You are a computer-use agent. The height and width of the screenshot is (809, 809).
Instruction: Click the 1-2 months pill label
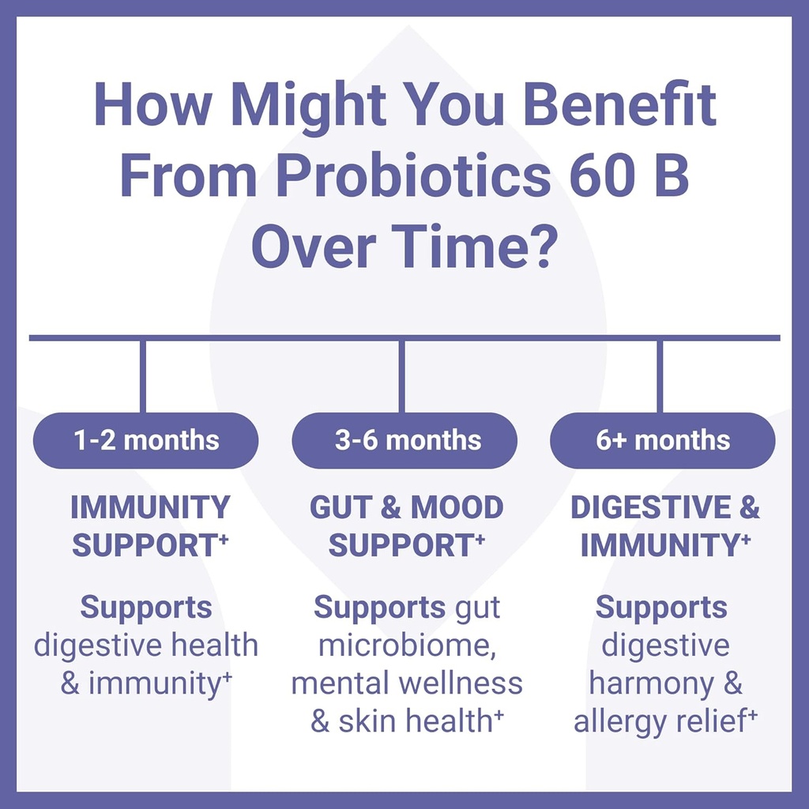click(x=146, y=440)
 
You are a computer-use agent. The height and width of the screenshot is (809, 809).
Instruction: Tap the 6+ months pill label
click(x=663, y=440)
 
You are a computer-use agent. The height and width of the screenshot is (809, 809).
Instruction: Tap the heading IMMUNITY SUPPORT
click(x=149, y=526)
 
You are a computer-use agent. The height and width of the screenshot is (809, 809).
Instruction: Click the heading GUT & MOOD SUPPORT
click(x=406, y=526)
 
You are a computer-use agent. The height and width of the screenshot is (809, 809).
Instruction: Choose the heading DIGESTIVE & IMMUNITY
click(x=664, y=526)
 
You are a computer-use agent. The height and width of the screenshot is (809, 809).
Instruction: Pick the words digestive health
click(x=146, y=645)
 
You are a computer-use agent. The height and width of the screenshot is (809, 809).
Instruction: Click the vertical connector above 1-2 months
click(x=143, y=376)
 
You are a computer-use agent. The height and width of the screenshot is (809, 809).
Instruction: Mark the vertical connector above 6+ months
click(x=660, y=376)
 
